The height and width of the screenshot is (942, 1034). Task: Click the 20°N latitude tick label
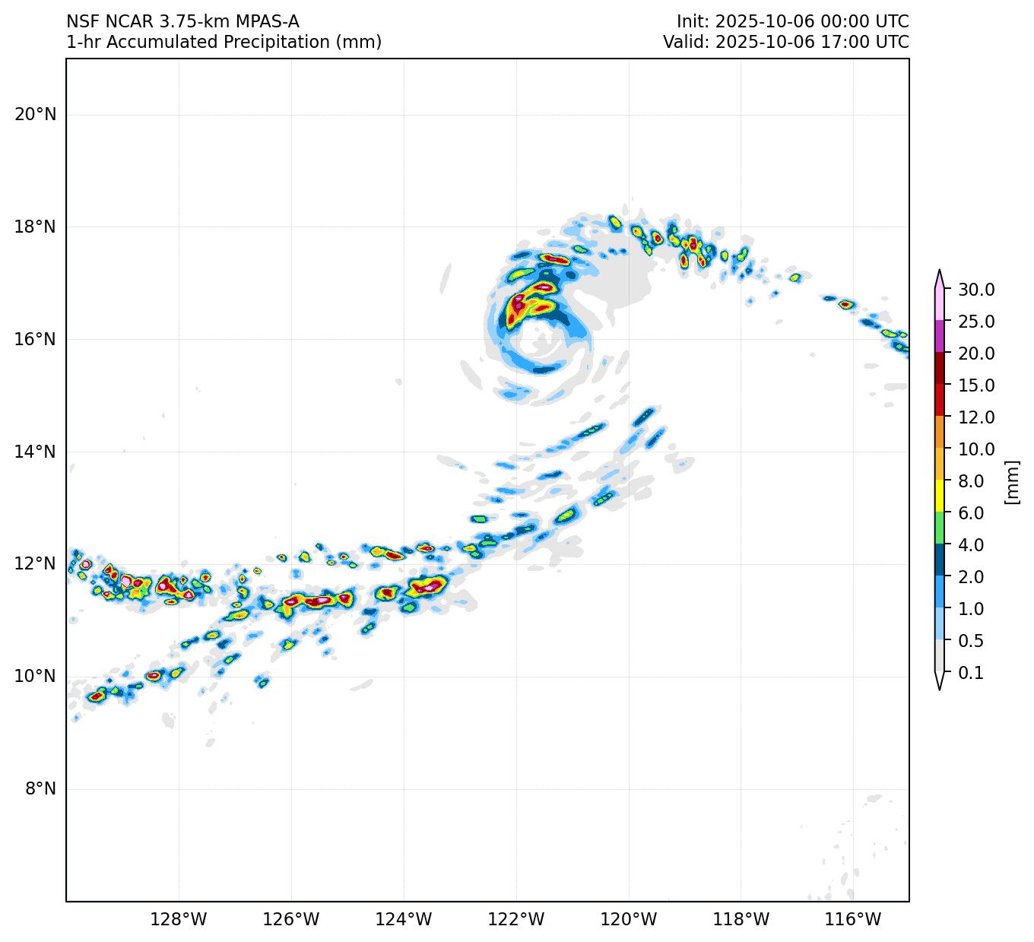click(x=35, y=115)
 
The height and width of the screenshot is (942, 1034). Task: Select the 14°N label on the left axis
click(x=35, y=452)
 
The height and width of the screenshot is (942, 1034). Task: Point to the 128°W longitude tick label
click(x=179, y=920)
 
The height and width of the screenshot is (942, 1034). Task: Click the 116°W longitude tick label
click(x=854, y=920)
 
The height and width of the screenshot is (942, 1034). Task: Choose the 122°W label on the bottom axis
click(x=516, y=920)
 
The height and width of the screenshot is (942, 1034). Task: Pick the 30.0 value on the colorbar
click(x=976, y=290)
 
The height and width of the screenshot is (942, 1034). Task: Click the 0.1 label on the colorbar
click(x=971, y=673)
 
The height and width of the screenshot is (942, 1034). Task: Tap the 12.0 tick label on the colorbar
click(x=976, y=417)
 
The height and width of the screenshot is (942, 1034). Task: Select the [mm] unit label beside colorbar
click(x=1011, y=481)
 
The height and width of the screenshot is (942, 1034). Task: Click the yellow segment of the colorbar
click(x=940, y=496)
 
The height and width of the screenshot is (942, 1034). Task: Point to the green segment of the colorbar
click(x=940, y=528)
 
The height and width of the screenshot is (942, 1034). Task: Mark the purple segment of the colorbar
click(x=940, y=336)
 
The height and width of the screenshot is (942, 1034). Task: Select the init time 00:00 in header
click(x=819, y=21)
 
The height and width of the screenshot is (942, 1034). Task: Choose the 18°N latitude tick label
click(x=35, y=227)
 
